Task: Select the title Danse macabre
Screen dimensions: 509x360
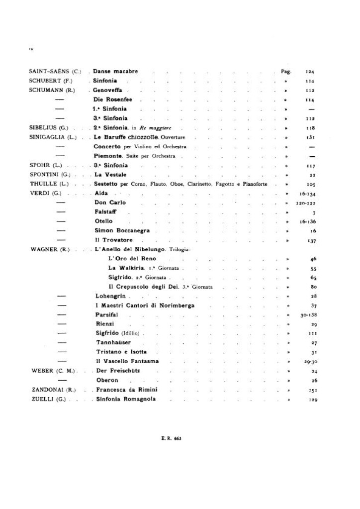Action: tap(115, 72)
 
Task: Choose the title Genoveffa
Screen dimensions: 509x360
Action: tap(111, 90)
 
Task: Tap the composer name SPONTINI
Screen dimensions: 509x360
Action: tap(46, 174)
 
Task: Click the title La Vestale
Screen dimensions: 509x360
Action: tap(110, 174)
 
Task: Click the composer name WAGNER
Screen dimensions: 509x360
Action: tap(44, 249)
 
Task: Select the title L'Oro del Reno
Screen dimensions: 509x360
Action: tap(132, 258)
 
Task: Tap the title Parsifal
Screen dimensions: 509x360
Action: tap(107, 315)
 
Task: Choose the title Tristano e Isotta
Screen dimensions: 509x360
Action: tap(120, 352)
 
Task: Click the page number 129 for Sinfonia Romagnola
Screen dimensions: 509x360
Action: tap(311, 399)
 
